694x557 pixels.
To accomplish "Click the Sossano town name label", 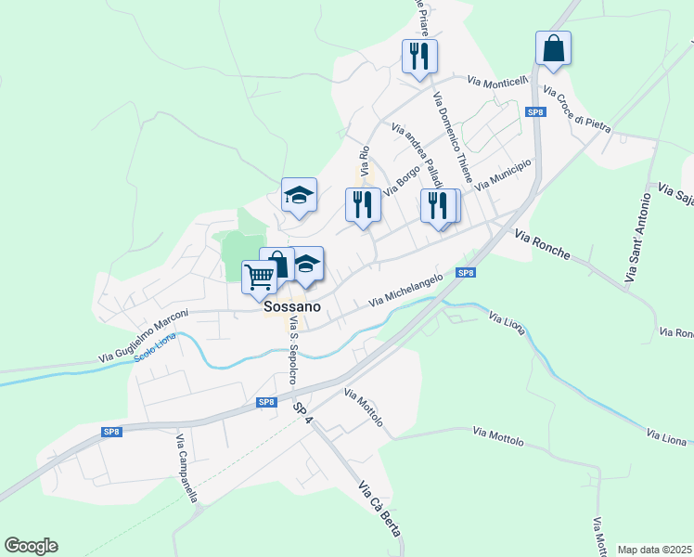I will coord(292,306).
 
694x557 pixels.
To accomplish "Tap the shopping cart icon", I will coord(260,275).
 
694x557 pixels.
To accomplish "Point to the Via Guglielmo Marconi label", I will coord(144,335).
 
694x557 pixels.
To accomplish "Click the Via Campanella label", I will coord(186,469).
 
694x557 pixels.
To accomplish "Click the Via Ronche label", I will coord(541,244).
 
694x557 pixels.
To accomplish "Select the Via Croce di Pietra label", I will coord(576,109).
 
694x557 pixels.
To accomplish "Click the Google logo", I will coord(31,546).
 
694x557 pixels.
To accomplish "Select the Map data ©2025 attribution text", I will coord(654,549).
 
